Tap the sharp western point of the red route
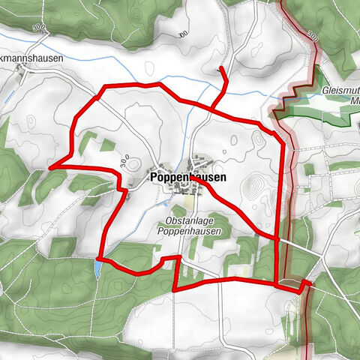pyautogui.click(x=50, y=168)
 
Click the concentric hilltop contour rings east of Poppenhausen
pyautogui.click(x=257, y=184)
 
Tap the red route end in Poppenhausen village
pyautogui.click(x=196, y=180)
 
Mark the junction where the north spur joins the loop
pyautogui.click(x=209, y=108)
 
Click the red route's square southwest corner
pyautogui.click(x=174, y=289)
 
